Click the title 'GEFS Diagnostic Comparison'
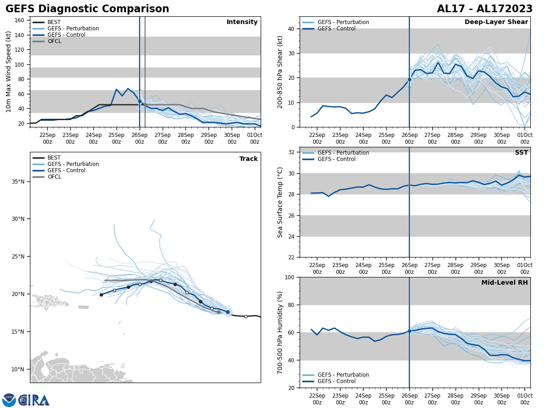(x=87, y=9)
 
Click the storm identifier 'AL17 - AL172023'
(x=485, y=9)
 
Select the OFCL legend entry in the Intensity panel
(x=54, y=41)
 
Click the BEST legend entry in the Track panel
(x=54, y=158)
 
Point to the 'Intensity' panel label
(x=242, y=22)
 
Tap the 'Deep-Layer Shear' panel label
(x=496, y=22)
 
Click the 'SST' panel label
(x=521, y=153)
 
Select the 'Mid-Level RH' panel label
(x=505, y=283)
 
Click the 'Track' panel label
(x=248, y=159)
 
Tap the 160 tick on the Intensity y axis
(x=19, y=20)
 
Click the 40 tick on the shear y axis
(x=290, y=29)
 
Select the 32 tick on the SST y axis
(x=290, y=152)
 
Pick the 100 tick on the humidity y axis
(x=288, y=277)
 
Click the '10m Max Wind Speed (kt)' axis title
(x=9, y=72)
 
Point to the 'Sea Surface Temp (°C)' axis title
(x=280, y=202)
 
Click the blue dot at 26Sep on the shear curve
(x=409, y=79)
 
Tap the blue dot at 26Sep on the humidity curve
(x=409, y=331)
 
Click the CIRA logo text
(x=34, y=400)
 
